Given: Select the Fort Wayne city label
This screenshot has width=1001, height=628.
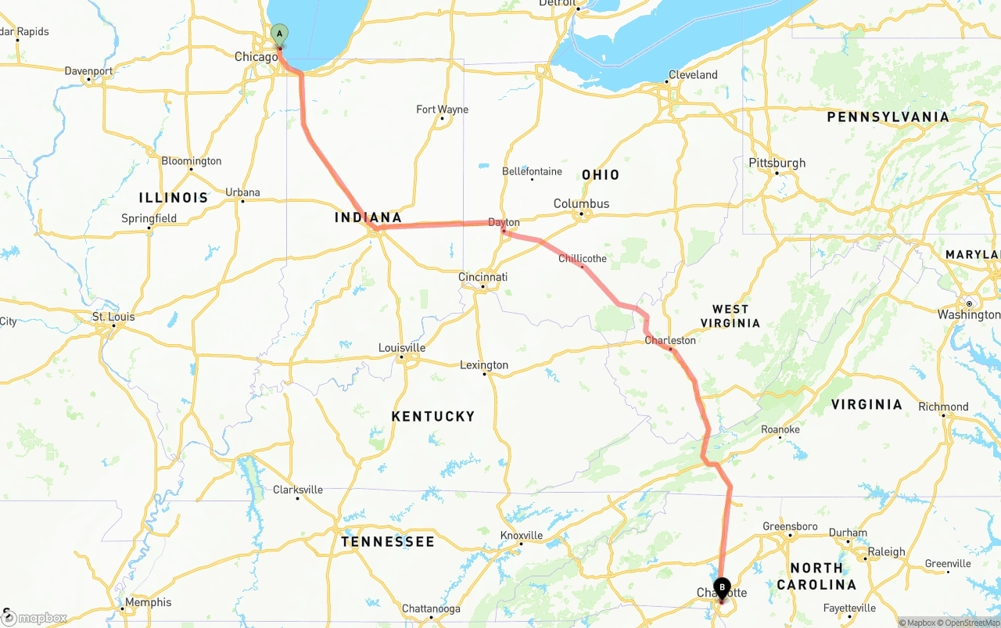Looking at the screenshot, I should coord(442,109).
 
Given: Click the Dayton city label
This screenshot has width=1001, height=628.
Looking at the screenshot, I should coord(504,222).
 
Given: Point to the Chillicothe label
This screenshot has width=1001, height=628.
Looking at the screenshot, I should coord(582,258).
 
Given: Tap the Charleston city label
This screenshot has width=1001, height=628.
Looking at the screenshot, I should coord(669,340).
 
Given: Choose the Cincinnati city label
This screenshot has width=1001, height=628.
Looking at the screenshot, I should coord(483,277).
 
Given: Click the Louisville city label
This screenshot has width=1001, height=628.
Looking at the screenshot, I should coord(401,347).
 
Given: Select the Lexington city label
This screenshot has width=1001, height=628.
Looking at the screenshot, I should coord(484,364).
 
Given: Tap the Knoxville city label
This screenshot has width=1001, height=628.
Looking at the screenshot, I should coord(521,535).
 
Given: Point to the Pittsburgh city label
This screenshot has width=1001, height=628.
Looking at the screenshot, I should coord(777,163).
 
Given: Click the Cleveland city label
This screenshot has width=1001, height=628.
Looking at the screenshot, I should coord(692,75).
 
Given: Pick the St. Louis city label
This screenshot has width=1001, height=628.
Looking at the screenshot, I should coord(113,317).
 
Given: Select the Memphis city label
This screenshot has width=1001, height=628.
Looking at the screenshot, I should coord(148,602).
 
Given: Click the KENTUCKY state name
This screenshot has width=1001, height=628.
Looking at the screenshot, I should coord(432,416).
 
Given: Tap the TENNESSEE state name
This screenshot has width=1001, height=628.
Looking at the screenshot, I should coord(387,541).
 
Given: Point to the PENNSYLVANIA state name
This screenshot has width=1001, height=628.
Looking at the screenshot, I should coord(888,117).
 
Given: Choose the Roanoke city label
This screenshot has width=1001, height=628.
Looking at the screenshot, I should coord(780,429).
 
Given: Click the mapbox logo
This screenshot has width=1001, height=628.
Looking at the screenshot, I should coord(34,618).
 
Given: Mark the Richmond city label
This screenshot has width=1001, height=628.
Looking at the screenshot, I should coord(943,407).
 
